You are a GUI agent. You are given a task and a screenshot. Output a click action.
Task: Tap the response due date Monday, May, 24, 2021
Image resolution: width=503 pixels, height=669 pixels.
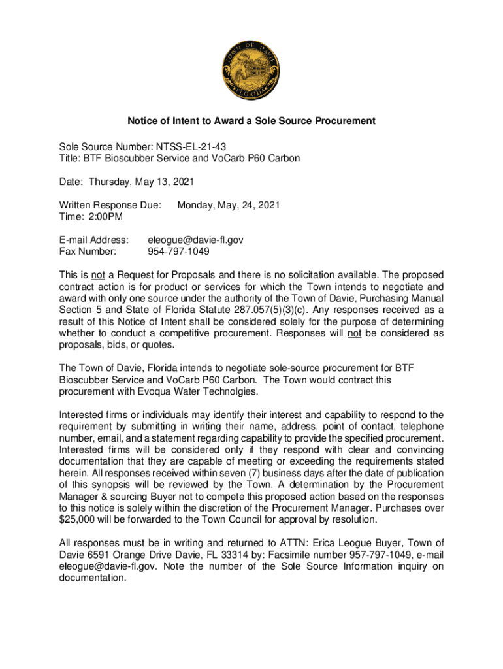coord(229,205)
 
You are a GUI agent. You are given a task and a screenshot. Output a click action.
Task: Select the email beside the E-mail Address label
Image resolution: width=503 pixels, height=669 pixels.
coord(196,240)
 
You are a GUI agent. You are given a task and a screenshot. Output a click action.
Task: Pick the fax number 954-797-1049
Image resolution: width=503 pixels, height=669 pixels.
coord(179,252)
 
